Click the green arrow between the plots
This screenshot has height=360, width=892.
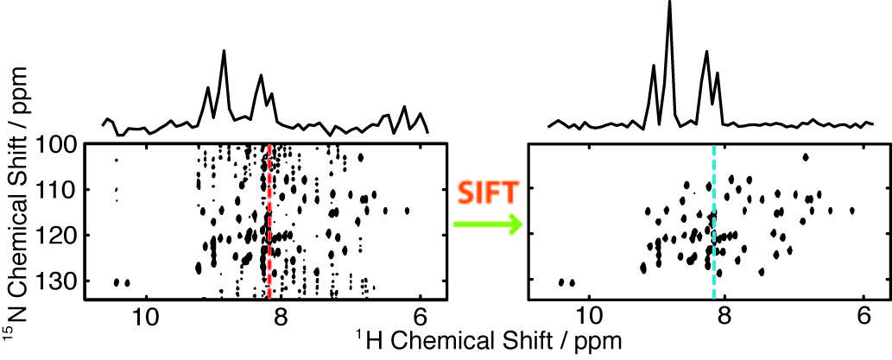coord(487,225)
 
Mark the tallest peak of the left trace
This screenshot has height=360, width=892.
coord(224,52)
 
